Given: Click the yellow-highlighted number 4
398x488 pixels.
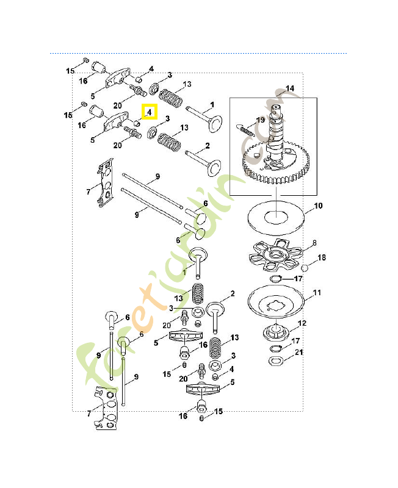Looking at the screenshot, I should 150,112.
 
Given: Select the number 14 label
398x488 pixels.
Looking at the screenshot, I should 289,88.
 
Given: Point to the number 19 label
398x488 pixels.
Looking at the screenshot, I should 261,120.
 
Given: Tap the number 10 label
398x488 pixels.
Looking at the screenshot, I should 317,206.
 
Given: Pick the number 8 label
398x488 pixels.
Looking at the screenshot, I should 314,243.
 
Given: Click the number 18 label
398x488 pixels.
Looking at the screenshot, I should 321,258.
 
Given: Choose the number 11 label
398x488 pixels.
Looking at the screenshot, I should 317,293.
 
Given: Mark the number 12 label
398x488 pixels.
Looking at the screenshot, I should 302,323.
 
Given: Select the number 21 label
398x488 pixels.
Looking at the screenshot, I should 298,353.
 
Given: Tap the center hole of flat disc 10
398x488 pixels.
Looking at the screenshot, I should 278,215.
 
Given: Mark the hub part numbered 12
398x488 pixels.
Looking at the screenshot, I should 277,334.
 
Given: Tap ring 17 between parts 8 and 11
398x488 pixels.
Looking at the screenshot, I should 276,279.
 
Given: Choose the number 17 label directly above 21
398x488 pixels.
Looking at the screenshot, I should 294,341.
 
